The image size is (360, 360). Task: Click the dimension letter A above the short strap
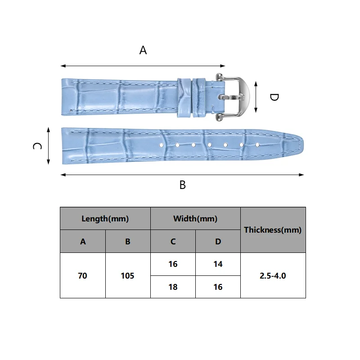point(143,50)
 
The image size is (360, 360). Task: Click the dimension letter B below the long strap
point(183,185)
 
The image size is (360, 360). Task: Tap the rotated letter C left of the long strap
point(37,146)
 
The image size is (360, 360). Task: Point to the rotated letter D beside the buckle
point(274,97)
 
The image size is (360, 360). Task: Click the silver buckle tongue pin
point(231,97)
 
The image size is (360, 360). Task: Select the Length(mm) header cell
point(105,218)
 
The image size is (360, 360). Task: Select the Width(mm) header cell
point(195,218)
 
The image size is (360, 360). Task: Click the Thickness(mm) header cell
point(273,230)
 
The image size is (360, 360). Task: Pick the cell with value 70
point(83,275)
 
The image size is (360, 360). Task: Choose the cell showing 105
point(128,275)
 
